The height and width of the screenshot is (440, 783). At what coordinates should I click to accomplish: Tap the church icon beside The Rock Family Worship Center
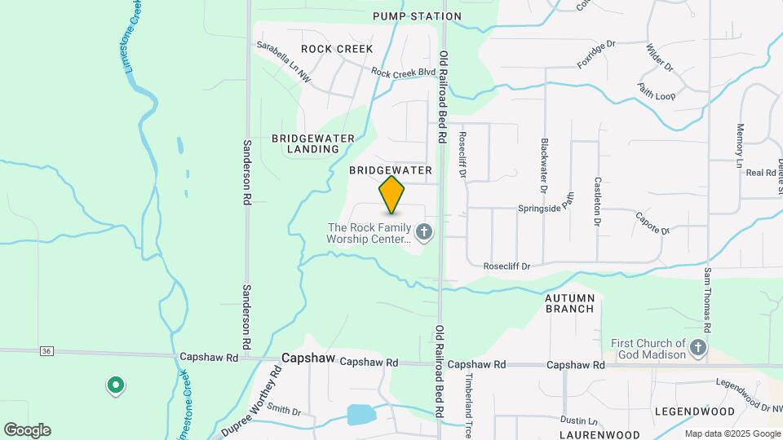pos(423,234)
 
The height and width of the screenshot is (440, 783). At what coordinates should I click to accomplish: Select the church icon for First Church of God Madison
pos(697,349)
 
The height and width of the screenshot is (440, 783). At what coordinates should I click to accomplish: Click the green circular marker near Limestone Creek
pos(116,385)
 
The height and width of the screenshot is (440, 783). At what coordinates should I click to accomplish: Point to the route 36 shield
pos(46,351)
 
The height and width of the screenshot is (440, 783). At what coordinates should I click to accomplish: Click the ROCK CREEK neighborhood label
pos(325,49)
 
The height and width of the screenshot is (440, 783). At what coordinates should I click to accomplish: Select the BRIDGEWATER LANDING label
pos(313,144)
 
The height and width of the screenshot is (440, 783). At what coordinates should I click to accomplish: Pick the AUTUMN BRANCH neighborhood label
pos(570,304)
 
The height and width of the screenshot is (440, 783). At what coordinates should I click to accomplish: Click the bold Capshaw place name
pos(309,359)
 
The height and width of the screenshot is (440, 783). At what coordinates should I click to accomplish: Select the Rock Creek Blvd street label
pos(403,72)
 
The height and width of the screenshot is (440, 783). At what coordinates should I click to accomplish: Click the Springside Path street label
pos(546,208)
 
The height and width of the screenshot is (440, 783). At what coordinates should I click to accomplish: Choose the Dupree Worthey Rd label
pos(251,399)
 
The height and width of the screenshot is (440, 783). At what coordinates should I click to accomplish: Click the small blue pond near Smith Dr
pos(360,415)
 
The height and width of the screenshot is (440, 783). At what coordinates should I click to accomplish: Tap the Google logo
pos(27,430)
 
